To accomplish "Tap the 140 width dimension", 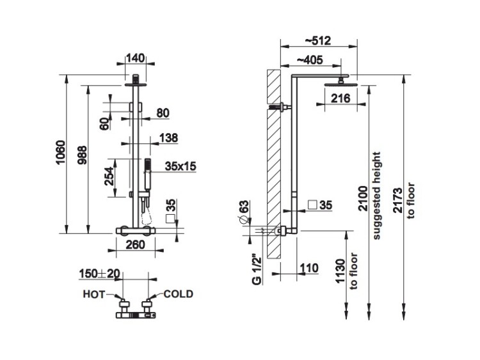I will [x=134, y=58].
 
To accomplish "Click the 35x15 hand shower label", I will [x=180, y=166].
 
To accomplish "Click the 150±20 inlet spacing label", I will [x=100, y=274].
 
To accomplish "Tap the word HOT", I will [x=94, y=295].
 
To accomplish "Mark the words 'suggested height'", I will [x=378, y=196].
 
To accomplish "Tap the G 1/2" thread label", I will [x=255, y=270].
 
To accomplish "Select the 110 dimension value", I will [x=309, y=267].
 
